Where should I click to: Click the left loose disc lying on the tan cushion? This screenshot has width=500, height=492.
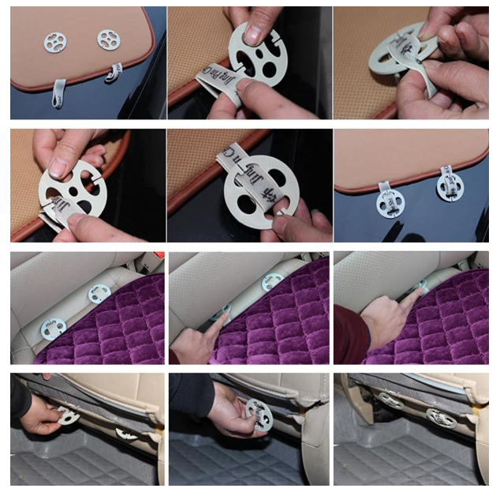coord(54,42)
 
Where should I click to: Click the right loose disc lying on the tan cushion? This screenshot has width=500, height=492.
coord(108,39)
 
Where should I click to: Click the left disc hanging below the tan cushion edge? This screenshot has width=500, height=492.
coord(389,202)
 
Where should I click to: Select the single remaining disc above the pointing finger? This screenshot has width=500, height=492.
coord(272,281)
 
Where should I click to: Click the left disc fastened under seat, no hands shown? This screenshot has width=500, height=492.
coord(390,400)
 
